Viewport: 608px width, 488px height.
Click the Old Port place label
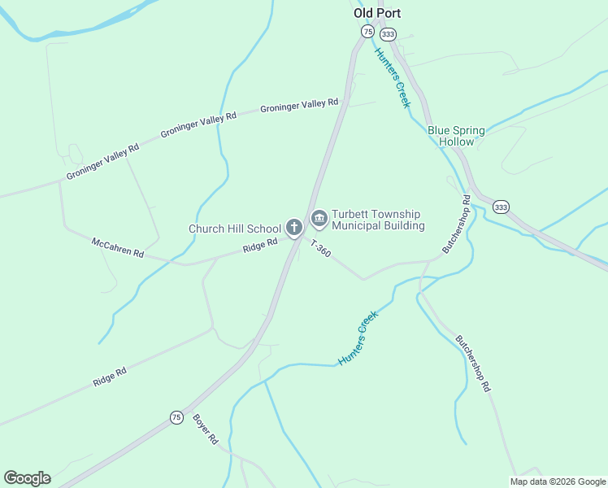377,13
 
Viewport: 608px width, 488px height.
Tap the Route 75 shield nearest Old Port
367,32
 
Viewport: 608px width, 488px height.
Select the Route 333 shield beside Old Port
388,33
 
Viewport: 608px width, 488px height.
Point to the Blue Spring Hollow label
456,136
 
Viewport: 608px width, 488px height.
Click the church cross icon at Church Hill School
294,228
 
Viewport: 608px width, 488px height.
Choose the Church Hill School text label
235,229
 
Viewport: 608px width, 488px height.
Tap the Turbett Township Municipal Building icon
319,217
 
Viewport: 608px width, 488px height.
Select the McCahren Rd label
118,248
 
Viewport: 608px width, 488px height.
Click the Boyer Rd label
206,429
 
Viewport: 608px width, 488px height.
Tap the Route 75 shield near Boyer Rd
176,417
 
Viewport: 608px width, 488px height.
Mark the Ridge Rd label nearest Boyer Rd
110,377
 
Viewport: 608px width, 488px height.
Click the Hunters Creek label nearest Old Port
393,78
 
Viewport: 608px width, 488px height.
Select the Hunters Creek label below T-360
358,338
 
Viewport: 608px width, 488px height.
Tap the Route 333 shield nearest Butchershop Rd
501,207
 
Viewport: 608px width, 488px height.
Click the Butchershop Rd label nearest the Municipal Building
457,222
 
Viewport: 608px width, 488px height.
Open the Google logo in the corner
27,478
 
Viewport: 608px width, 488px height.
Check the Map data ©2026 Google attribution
558,481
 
